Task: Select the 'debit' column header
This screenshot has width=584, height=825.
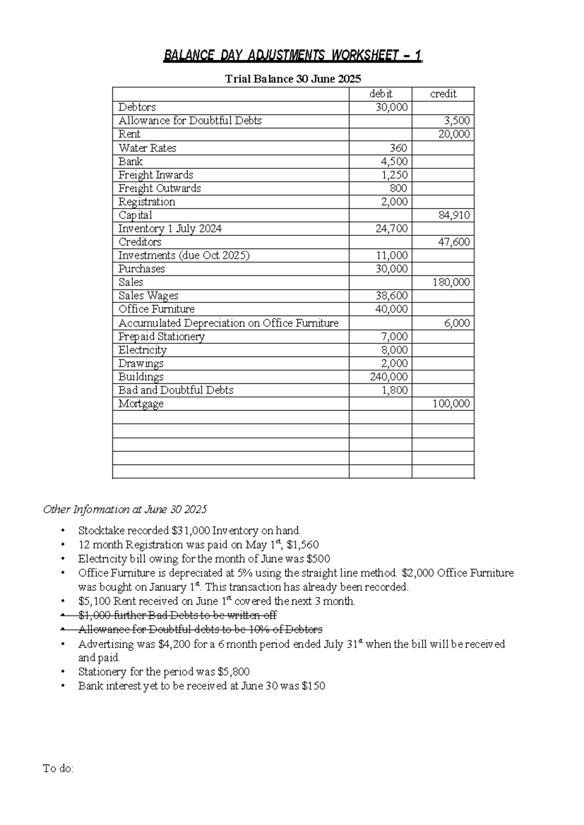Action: pos(381,94)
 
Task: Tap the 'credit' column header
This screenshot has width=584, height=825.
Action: pos(443,94)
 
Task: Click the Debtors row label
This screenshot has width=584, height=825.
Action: pos(137,107)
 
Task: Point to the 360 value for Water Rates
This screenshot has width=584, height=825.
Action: pos(398,148)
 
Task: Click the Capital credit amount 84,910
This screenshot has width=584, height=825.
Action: pos(454,215)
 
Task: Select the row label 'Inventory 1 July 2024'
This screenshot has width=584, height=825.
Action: pos(170,229)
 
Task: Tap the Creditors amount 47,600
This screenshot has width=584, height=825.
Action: pos(454,242)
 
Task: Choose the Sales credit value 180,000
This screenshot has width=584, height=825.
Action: pos(451,282)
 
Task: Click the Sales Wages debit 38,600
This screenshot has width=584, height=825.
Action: pos(391,296)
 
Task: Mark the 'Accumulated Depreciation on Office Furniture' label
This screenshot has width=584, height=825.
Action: pos(228,323)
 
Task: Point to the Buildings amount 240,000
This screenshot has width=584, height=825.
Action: pos(389,377)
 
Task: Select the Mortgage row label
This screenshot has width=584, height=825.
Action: pos(141,404)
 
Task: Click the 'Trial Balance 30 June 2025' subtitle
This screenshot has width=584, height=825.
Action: pos(292,79)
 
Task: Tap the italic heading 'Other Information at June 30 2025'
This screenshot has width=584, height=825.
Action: pos(125,509)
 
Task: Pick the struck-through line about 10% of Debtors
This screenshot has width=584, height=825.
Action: pos(200,629)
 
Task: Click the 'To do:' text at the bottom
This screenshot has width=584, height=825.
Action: pos(58,769)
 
